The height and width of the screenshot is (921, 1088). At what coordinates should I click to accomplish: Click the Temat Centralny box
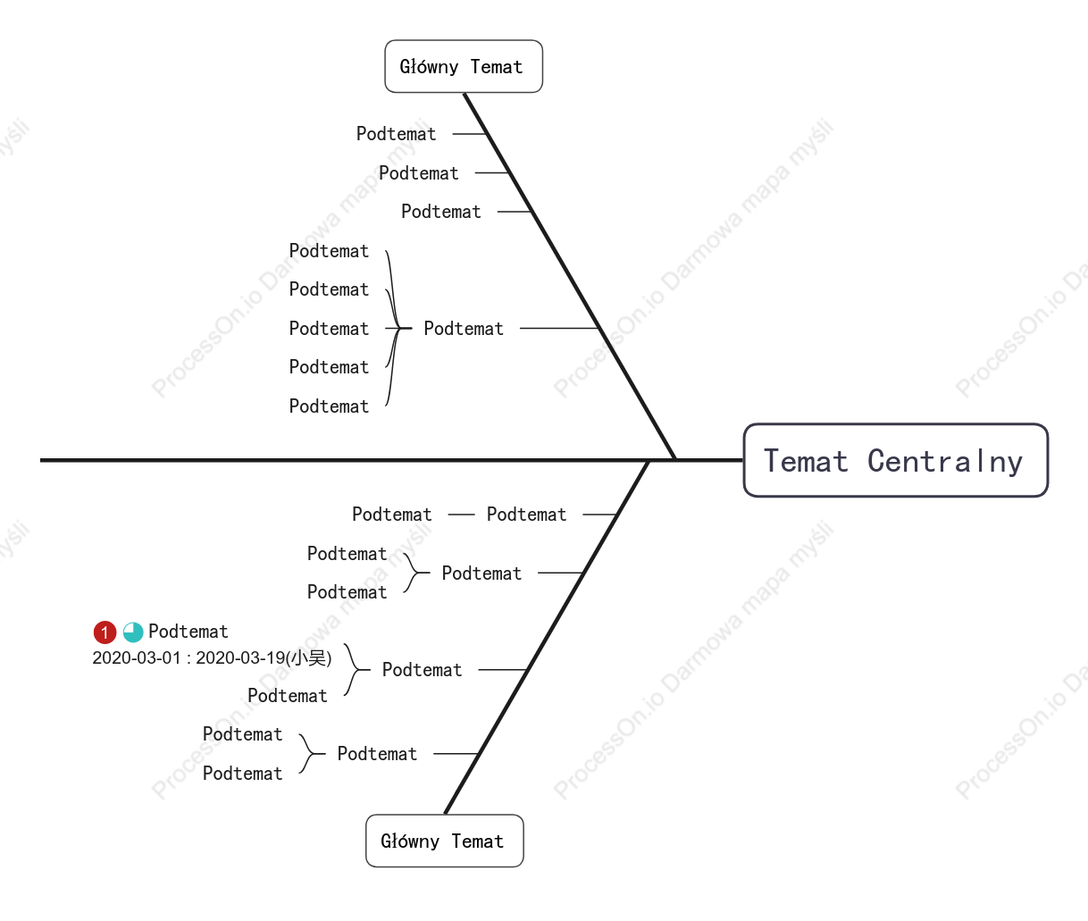pos(895,460)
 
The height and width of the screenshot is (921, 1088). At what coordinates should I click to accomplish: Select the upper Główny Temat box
pos(464,66)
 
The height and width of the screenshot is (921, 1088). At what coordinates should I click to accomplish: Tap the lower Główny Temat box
pos(444,841)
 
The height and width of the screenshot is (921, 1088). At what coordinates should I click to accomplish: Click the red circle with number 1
pos(105,632)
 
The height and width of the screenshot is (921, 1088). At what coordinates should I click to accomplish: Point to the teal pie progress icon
pos(132,632)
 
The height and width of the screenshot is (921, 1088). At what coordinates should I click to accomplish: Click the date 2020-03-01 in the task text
pos(137,657)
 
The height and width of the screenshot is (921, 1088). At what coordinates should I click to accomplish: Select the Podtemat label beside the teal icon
pos(188,631)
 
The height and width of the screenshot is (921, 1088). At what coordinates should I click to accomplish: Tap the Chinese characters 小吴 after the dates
pos(309,657)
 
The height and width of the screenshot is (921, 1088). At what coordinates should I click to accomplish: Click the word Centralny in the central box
pos(945,462)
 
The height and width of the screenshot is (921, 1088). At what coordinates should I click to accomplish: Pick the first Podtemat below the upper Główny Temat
pos(396,134)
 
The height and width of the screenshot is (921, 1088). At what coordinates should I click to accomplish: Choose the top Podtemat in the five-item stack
pos(329,251)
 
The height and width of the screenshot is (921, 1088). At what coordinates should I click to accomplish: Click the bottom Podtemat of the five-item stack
pos(329,406)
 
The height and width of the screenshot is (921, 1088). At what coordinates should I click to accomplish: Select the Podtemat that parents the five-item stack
pos(464,329)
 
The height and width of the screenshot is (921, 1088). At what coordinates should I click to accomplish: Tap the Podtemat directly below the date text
pos(288,696)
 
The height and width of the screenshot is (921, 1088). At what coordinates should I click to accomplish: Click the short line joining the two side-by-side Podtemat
pos(461,515)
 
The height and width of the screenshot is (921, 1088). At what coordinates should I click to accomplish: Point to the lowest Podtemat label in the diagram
pos(243,774)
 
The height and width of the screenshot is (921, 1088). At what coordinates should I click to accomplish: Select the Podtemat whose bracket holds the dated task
pos(422,670)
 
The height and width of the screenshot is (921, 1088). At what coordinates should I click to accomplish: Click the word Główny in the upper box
pos(429,67)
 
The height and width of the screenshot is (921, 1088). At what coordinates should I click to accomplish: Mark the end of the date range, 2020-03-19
pos(240,657)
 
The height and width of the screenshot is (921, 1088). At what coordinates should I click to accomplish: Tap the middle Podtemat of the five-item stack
pos(329,329)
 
